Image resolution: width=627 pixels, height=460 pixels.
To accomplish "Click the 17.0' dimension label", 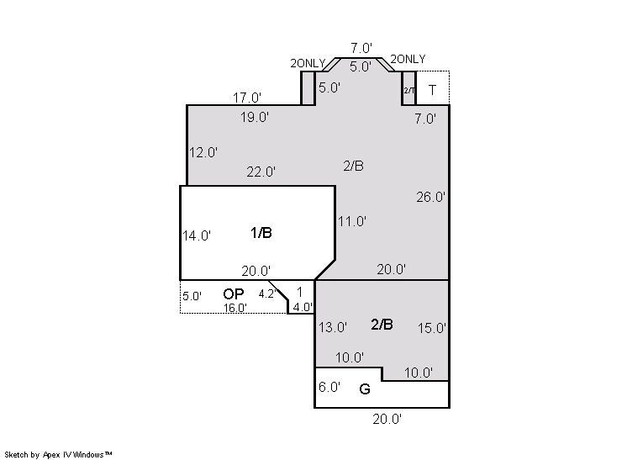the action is (247, 98).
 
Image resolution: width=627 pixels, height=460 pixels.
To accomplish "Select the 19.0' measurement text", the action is (255, 117).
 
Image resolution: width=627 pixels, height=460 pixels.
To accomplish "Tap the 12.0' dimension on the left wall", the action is (203, 152).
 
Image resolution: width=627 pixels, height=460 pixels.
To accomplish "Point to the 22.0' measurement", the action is (261, 172).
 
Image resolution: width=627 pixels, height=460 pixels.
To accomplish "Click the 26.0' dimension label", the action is (430, 197).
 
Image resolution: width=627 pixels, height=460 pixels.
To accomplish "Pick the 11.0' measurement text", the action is (352, 221).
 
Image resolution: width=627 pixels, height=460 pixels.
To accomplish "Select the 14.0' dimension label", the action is (197, 236).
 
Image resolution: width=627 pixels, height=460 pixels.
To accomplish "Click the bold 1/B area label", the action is (261, 232).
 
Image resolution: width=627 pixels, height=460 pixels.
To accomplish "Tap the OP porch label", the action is (234, 294).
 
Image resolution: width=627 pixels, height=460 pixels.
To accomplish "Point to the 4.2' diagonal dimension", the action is (267, 294).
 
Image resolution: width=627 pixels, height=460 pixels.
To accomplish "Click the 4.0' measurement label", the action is (303, 307).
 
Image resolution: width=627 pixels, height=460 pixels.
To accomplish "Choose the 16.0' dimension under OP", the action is (235, 308).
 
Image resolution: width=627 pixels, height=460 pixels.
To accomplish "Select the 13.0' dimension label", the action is (333, 327).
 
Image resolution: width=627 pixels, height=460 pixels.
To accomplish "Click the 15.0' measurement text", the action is (432, 328).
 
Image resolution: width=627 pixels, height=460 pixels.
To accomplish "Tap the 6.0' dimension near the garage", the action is (329, 387).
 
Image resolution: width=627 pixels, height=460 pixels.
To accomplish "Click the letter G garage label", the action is (365, 389).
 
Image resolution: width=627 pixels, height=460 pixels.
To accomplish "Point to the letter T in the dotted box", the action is (432, 90).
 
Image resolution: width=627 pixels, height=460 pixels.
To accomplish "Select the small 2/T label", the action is (409, 90).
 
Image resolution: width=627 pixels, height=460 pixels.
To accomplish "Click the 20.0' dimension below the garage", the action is (387, 419).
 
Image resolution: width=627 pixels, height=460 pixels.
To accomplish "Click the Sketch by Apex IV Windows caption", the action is (58, 454).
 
